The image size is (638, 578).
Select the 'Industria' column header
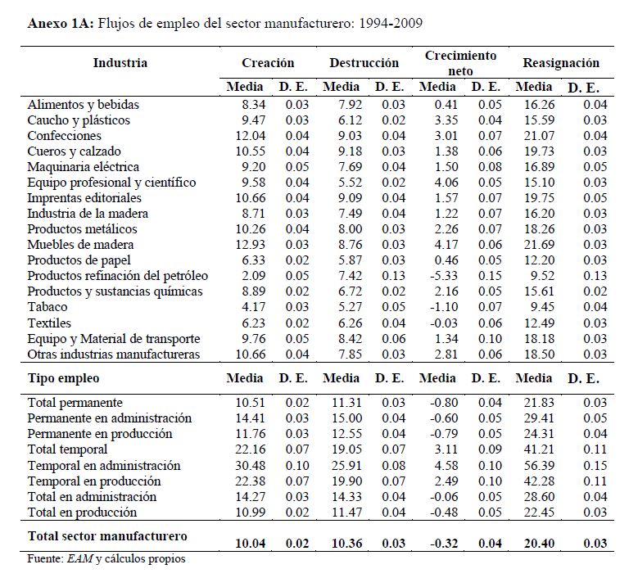click(120, 63)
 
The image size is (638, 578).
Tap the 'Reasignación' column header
click(561, 63)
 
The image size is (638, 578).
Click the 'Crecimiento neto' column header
click(460, 64)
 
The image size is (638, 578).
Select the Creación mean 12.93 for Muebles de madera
click(248, 244)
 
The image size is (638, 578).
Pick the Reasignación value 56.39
click(536, 466)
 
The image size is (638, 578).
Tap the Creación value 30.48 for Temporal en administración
click(248, 466)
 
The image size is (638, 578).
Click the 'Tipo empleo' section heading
click(64, 378)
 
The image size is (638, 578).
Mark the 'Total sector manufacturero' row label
click(107, 536)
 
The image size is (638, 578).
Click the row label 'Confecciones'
click(65, 136)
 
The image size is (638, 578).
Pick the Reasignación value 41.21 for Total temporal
click(536, 449)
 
